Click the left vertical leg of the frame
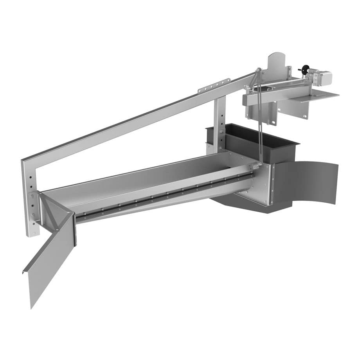pyautogui.click(x=30, y=196)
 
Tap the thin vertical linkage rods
pyautogui.click(x=259, y=117)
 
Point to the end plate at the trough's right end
pyautogui.click(x=261, y=184)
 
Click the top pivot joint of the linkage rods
pyautogui.click(x=258, y=71)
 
